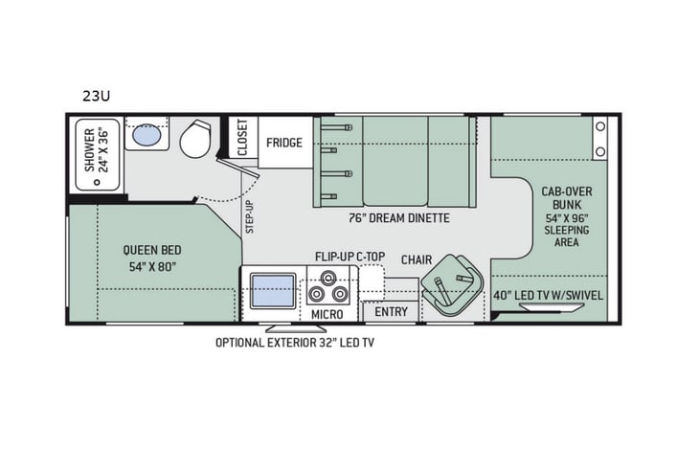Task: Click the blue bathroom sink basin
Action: [x=146, y=136]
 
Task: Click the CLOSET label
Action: [x=241, y=137]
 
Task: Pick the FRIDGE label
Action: [x=284, y=143]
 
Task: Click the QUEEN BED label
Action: [x=148, y=258]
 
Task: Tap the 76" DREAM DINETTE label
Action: [x=395, y=218]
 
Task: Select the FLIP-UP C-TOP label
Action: [x=350, y=258]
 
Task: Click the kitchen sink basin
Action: [x=273, y=288]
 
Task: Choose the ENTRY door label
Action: [x=391, y=312]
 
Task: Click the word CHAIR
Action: [x=416, y=259]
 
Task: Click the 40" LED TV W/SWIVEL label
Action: [x=549, y=295]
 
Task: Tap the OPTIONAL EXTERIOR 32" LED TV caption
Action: [x=294, y=342]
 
